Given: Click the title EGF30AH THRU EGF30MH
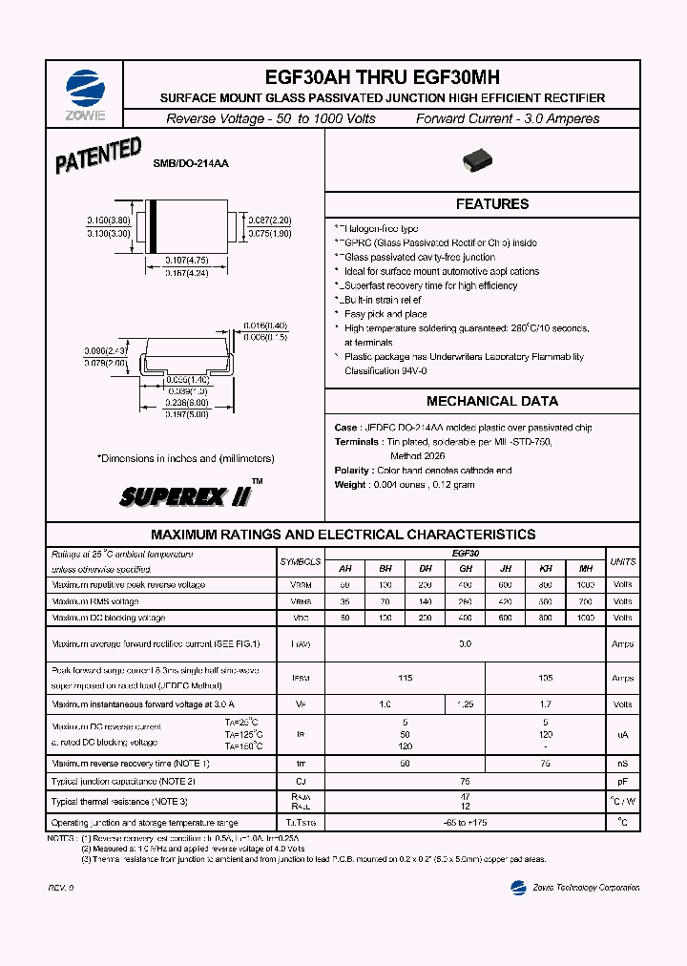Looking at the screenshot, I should (x=381, y=78).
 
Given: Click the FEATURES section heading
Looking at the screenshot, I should (x=491, y=204).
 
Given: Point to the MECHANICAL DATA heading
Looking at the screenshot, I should (x=492, y=401).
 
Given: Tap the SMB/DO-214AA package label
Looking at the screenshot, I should (x=191, y=163).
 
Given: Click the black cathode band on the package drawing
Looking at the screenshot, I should (x=151, y=227).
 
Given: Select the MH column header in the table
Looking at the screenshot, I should (x=585, y=568).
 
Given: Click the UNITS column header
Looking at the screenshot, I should (x=622, y=561).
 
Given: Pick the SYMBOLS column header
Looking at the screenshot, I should (x=301, y=561).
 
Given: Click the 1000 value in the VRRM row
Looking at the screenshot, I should (x=585, y=585).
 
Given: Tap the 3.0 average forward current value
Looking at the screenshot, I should (x=465, y=644).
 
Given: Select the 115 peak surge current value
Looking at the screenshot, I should (x=406, y=679).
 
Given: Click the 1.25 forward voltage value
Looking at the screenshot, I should (x=466, y=704).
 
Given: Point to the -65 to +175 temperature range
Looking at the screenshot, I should (x=465, y=822).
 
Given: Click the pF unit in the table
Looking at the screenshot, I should (x=622, y=781).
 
